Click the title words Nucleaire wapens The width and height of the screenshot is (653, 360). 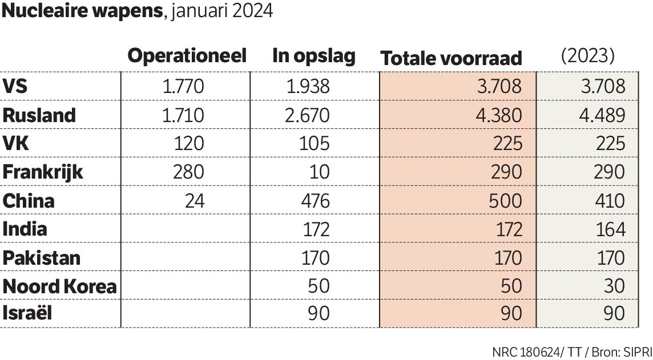tap(82, 12)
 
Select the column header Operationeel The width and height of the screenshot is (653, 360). tap(187, 56)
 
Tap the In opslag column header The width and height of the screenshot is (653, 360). tap(313, 56)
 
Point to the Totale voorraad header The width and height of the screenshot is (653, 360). tap(451, 58)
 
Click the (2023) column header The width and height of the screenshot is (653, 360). tap(587, 56)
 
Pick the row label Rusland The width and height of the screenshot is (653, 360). tap(39, 115)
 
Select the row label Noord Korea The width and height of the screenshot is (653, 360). tap(59, 286)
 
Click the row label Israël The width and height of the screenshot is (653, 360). tap(28, 313)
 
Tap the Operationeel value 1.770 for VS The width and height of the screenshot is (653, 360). tap(183, 87)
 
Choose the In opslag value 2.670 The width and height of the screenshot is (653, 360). tap(309, 115)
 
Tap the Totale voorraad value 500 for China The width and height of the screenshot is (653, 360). tap(506, 201)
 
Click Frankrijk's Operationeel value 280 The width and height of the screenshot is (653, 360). tap(189, 172)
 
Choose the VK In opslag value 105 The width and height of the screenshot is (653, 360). tap(315, 144)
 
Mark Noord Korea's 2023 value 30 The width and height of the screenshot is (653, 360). tap(614, 286)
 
